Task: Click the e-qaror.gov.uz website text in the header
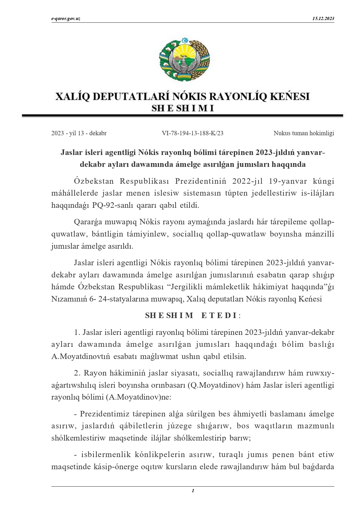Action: tap(66, 19)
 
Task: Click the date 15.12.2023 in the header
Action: tap(323, 19)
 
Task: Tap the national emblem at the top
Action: tap(184, 59)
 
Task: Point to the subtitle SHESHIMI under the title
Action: tap(183, 109)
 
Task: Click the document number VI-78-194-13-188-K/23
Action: tap(193, 133)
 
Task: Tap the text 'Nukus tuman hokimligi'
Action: tap(304, 133)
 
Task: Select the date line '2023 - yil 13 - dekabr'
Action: tap(79, 133)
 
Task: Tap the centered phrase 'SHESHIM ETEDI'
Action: tap(192, 315)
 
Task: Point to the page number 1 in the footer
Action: tap(193, 491)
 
